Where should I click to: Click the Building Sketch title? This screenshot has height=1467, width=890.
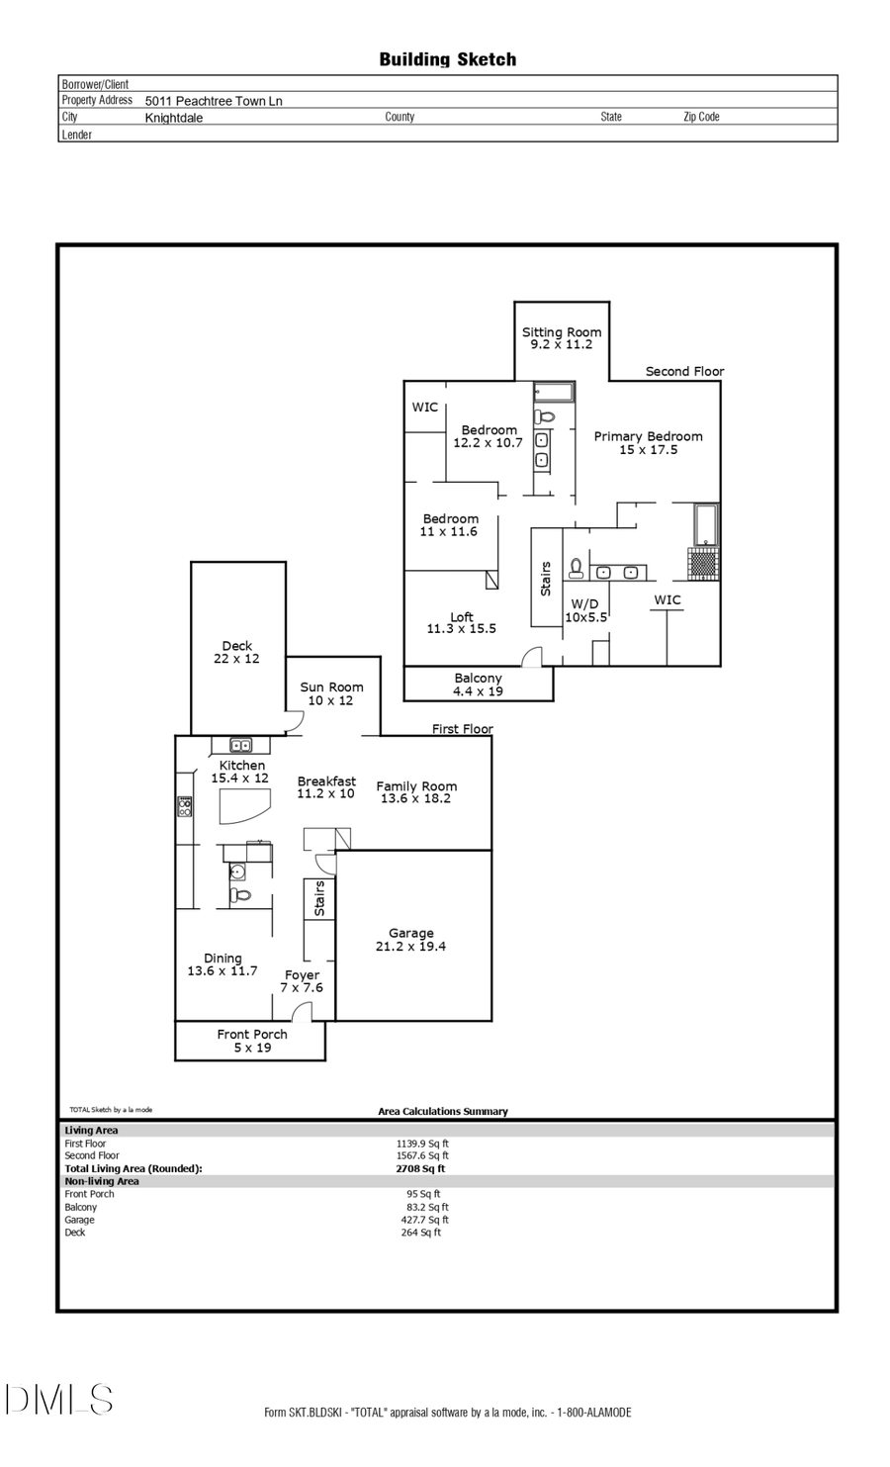447,59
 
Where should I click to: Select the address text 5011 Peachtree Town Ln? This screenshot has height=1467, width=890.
214,101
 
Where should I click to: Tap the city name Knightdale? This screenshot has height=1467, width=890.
174,118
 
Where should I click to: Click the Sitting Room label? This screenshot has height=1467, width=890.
562,338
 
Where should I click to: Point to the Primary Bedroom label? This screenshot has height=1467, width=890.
648,442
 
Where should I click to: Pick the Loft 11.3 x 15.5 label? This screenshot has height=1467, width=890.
461,622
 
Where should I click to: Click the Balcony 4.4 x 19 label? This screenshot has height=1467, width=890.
478,685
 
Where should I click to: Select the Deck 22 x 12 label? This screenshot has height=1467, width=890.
236,652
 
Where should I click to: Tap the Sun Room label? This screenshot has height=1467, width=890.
331,693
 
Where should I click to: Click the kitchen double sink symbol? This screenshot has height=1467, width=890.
240,745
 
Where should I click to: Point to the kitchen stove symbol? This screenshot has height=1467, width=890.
184,806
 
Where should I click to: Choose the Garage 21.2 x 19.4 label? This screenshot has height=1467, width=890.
410,939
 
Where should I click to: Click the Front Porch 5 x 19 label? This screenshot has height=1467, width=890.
251,1041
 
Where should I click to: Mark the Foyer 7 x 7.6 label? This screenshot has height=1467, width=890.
302,980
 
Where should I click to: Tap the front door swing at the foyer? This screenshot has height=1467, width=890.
302,1011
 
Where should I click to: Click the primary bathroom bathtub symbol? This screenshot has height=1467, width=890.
704,524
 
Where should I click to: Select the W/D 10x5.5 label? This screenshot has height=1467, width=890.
585,609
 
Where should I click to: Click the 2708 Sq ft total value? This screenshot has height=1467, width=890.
420,1168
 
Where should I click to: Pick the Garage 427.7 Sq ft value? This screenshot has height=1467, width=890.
424,1220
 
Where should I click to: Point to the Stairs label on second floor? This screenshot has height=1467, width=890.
545,579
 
